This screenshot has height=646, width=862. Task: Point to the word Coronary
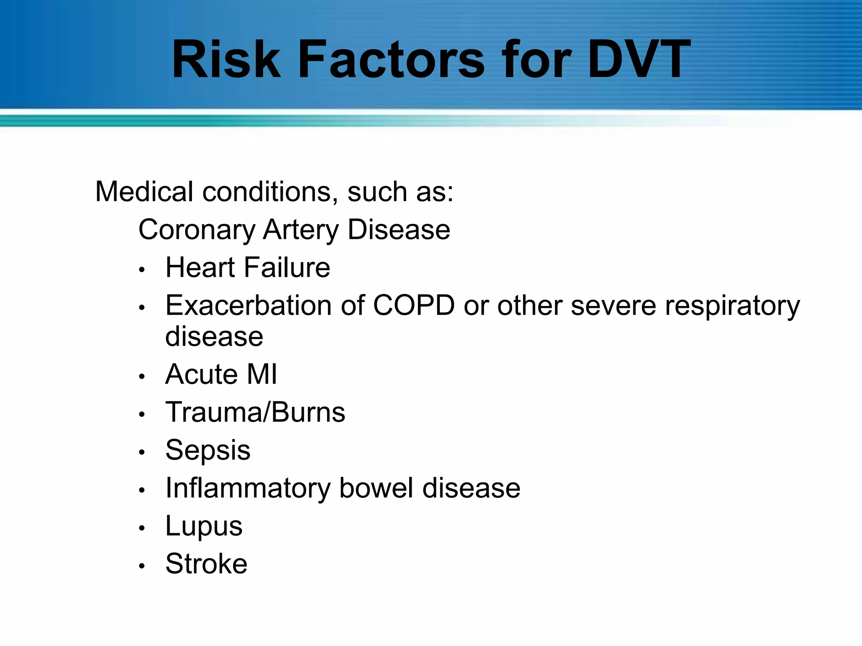click(x=197, y=230)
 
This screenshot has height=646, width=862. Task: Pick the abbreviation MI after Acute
click(x=262, y=374)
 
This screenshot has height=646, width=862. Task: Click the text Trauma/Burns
click(x=255, y=412)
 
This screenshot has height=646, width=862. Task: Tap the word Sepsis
click(x=208, y=450)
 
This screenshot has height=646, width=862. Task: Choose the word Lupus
click(x=204, y=527)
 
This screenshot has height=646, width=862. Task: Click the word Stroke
click(x=206, y=564)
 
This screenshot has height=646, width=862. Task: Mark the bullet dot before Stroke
click(x=142, y=566)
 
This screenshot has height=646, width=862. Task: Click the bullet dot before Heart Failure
click(x=142, y=270)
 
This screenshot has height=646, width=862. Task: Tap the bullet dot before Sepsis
click(x=142, y=453)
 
